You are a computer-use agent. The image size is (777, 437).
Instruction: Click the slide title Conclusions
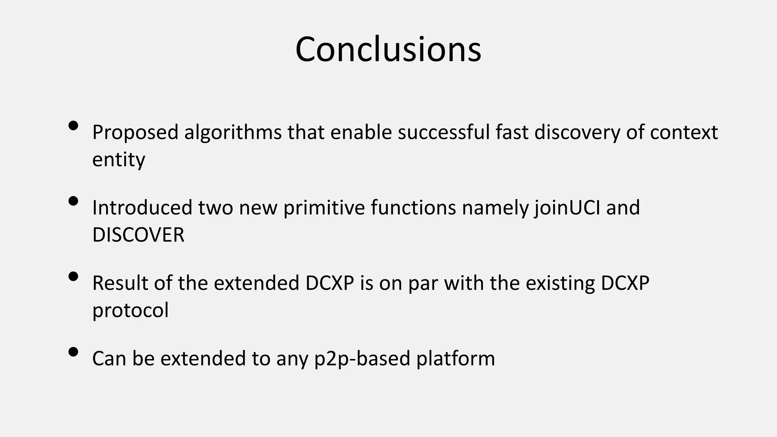tap(388, 49)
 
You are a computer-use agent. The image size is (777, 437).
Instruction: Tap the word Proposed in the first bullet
tap(135, 133)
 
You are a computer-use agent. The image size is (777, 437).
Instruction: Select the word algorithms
tap(233, 133)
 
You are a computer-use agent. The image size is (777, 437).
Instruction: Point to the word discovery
tap(577, 133)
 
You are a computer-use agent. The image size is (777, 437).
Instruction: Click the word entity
tap(118, 159)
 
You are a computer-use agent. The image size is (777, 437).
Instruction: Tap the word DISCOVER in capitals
tap(138, 235)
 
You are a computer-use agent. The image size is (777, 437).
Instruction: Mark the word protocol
tap(130, 310)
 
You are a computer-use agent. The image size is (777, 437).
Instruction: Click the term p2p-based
tap(362, 358)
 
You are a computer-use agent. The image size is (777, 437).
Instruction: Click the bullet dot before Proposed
tap(74, 126)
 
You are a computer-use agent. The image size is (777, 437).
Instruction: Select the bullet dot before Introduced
tap(74, 201)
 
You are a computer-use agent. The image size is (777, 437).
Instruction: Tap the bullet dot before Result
tap(74, 276)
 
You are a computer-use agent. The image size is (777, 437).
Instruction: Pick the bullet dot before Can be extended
tap(74, 352)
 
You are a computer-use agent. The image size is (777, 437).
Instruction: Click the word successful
tap(444, 133)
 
